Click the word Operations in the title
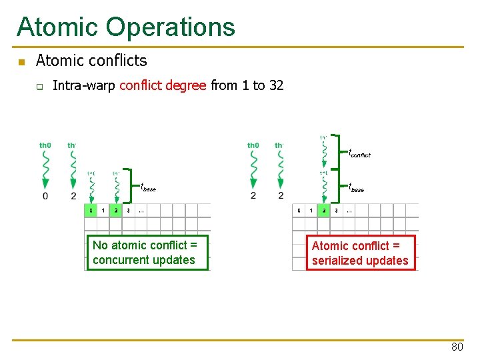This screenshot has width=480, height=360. tap(171, 27)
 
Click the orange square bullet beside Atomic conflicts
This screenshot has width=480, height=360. tap(21, 62)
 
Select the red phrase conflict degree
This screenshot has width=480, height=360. tap(163, 85)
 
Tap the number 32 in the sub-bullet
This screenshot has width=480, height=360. tap(276, 85)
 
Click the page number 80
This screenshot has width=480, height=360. tap(457, 347)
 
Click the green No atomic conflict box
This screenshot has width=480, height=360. tap(147, 253)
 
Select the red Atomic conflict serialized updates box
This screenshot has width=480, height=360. tap(360, 253)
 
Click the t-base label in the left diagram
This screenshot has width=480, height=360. tap(148, 188)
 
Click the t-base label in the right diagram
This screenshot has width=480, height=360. tap(357, 188)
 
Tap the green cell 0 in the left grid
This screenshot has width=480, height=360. tap(91, 211)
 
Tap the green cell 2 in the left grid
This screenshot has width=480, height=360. tap(116, 211)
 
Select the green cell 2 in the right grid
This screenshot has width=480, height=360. tap(324, 211)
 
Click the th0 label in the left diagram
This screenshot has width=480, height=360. tap(45, 145)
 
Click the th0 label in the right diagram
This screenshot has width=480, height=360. tap(253, 145)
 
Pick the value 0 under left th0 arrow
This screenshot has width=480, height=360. tap(45, 196)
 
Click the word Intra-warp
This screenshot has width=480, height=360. tap(83, 85)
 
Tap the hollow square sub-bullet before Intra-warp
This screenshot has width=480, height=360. tap(39, 86)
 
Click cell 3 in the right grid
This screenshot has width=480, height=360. tap(336, 211)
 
